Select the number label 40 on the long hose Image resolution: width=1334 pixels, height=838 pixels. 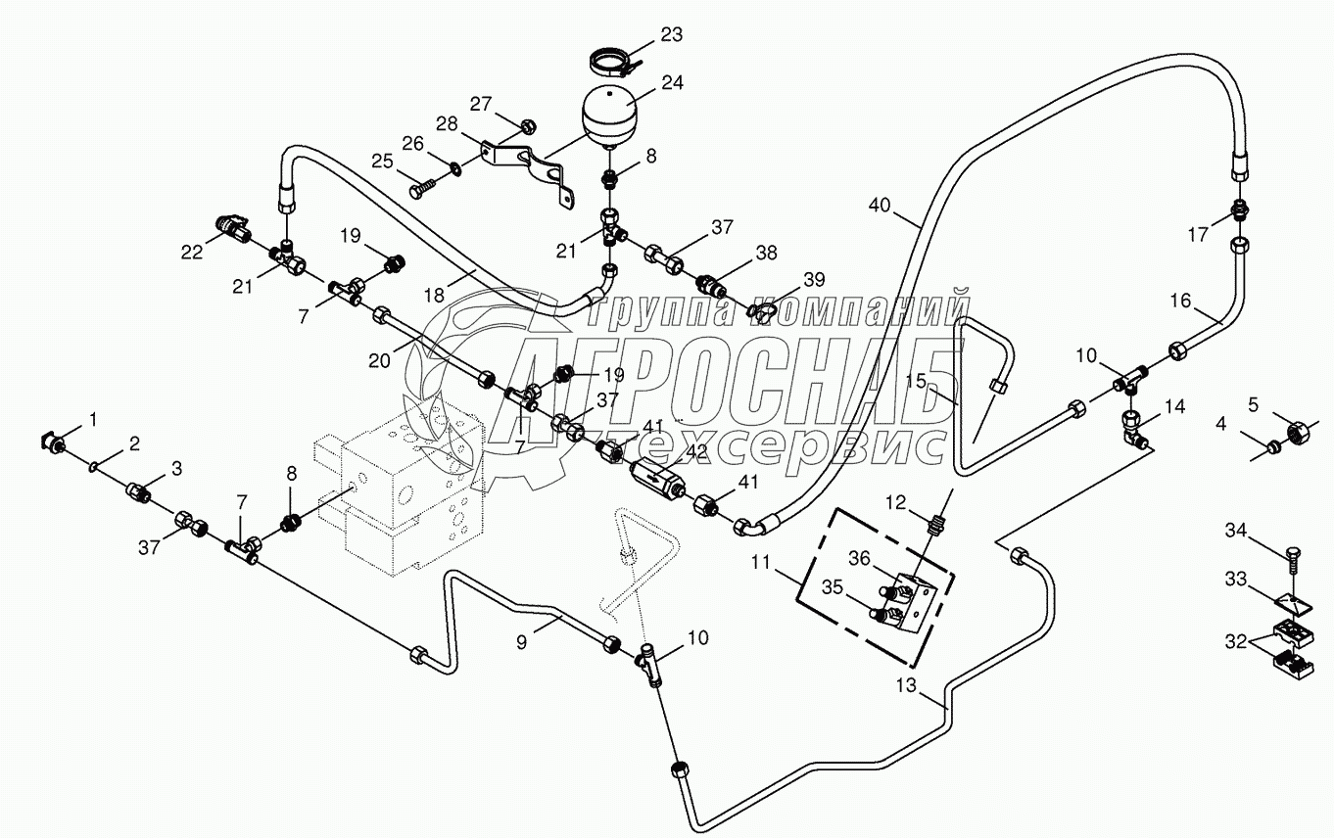[x=880, y=206]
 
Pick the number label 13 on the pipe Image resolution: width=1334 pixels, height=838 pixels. [x=907, y=686]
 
